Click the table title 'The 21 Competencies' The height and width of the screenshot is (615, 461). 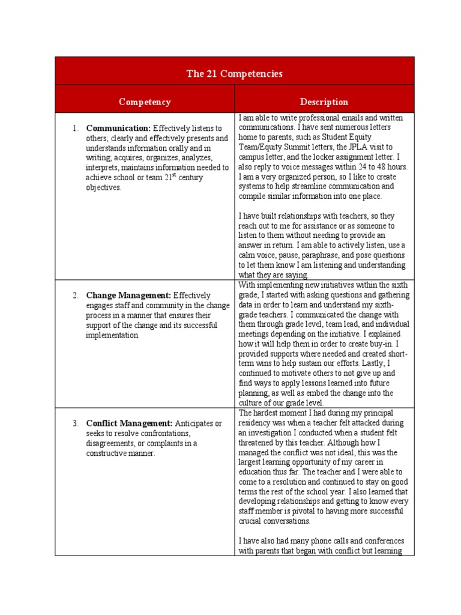click(x=234, y=74)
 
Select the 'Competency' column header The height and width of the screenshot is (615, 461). click(x=145, y=102)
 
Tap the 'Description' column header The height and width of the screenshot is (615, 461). click(x=324, y=102)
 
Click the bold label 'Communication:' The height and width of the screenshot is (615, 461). click(x=118, y=129)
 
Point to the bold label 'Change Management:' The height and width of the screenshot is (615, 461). click(x=128, y=295)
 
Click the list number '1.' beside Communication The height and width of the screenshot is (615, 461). click(x=76, y=129)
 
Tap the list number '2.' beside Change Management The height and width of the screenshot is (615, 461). click(x=76, y=295)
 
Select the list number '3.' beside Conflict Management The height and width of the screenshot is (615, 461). click(x=76, y=423)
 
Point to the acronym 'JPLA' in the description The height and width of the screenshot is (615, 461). click(x=351, y=147)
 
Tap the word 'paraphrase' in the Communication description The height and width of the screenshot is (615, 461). click(x=321, y=255)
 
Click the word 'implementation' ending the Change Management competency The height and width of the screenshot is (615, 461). click(x=112, y=335)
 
